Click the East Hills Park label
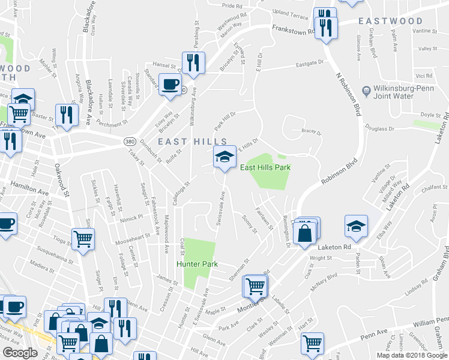(x=265, y=167)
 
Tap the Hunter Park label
(x=196, y=264)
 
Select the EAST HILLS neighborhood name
(x=184, y=141)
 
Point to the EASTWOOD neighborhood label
(x=391, y=21)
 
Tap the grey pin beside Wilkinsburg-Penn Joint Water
(x=366, y=91)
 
